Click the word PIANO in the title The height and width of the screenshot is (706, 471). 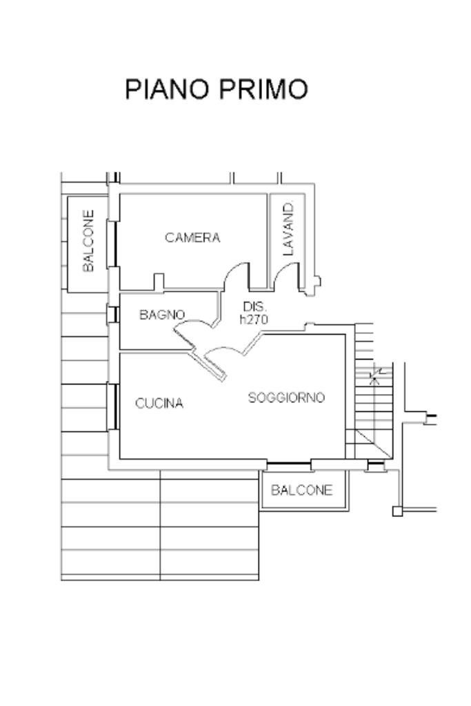(x=168, y=89)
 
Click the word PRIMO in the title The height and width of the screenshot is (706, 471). (x=263, y=89)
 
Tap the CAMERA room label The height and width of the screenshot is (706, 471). (x=192, y=237)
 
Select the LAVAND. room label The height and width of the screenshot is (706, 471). (x=288, y=228)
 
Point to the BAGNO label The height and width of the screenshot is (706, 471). (x=162, y=315)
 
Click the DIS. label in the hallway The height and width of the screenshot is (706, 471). (x=254, y=306)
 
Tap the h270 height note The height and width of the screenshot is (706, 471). (x=253, y=319)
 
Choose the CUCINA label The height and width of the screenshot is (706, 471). (x=159, y=403)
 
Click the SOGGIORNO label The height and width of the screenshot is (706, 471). (x=286, y=398)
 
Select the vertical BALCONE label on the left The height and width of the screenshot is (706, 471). (x=88, y=241)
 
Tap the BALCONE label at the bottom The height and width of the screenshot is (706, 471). (x=301, y=490)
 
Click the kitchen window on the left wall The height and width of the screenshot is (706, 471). (x=110, y=406)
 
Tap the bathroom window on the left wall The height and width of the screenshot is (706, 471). (x=110, y=314)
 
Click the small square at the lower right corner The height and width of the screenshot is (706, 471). (x=397, y=511)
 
